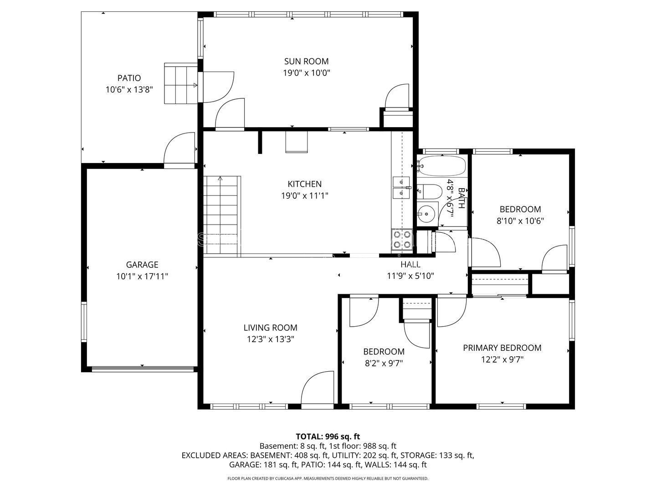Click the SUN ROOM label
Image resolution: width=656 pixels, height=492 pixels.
click(306, 61)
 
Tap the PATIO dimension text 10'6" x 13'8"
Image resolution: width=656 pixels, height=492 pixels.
click(129, 90)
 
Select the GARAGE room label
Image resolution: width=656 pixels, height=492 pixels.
click(142, 265)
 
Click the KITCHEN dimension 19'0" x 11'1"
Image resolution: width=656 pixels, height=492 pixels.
click(305, 196)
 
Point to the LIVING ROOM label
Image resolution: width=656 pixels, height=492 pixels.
click(271, 328)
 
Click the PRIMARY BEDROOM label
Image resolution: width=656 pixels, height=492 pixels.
click(502, 348)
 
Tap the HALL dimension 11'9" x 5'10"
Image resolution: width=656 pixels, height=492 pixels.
click(410, 276)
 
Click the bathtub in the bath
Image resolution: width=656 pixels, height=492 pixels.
click(442, 166)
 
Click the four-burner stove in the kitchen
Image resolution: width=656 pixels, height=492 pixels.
click(402, 240)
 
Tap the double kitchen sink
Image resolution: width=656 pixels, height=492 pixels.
click(401, 187)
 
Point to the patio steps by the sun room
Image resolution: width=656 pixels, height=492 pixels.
click(181, 83)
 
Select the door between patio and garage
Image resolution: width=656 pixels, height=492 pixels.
click(179, 149)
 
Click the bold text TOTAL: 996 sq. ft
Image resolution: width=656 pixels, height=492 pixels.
click(328, 437)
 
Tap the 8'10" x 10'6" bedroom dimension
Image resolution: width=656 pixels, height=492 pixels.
click(520, 221)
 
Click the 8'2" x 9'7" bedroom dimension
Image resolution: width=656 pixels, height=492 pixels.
click(384, 363)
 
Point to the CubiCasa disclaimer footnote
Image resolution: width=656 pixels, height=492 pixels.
click(328, 478)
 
